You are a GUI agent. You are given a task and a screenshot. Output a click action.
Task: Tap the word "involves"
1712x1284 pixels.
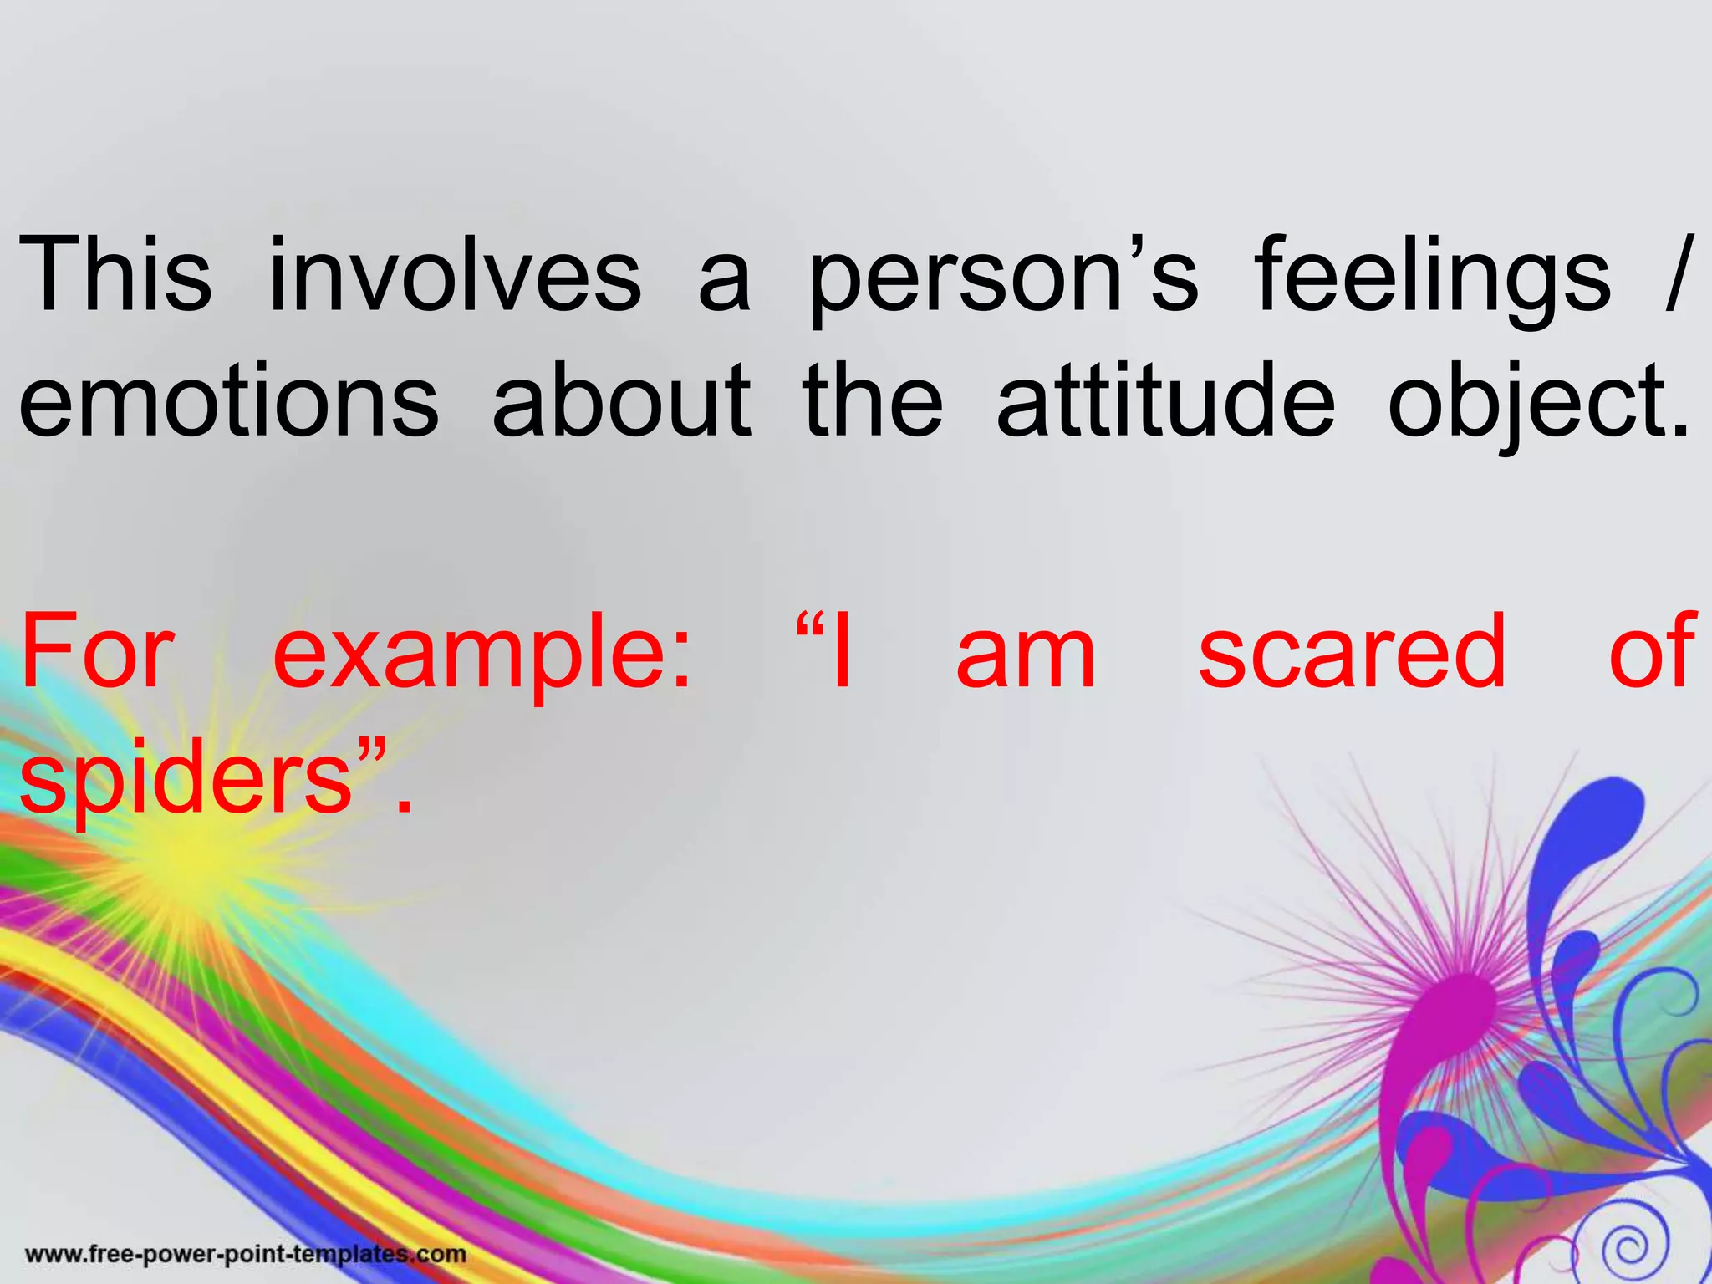tap(455, 273)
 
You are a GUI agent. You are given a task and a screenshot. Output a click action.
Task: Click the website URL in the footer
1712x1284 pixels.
tap(246, 1254)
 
